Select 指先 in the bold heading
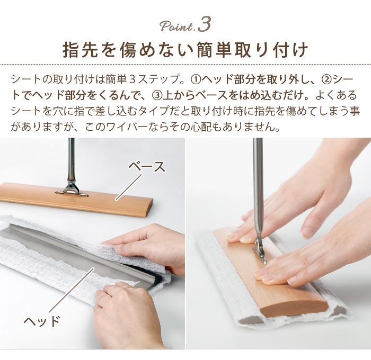(x=75, y=50)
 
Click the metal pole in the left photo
(x=71, y=159)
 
